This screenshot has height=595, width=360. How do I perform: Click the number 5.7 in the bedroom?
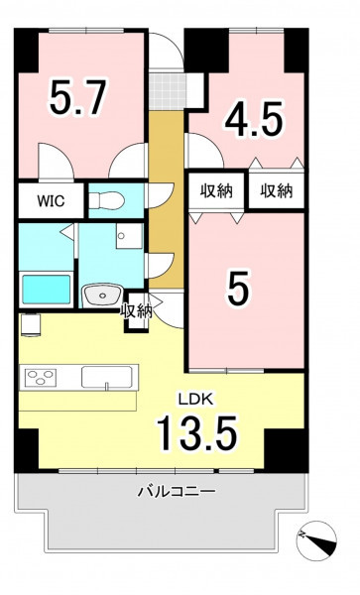click(x=76, y=97)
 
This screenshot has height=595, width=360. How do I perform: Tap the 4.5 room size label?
click(x=254, y=119)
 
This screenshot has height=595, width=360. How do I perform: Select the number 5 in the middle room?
click(x=239, y=289)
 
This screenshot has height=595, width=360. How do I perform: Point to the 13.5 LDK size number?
click(x=197, y=432)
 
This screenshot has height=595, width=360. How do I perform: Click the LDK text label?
click(x=192, y=399)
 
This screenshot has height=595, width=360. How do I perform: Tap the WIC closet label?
click(x=51, y=201)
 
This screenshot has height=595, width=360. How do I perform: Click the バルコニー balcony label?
click(x=177, y=492)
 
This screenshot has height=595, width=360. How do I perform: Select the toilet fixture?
click(x=105, y=200)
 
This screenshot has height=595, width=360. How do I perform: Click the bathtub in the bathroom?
click(x=47, y=289)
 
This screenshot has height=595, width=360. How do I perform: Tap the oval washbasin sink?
click(x=102, y=296)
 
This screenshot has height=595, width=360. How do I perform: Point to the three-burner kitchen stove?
click(x=41, y=377)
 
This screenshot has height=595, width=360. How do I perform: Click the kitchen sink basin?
click(x=107, y=377)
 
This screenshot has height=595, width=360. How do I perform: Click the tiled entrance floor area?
click(x=168, y=91)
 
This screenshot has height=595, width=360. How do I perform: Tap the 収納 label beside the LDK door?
click(x=137, y=311)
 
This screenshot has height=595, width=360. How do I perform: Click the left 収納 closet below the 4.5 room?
click(x=216, y=190)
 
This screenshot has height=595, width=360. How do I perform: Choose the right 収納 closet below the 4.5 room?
click(x=277, y=190)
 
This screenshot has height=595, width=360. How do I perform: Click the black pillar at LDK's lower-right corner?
click(x=287, y=450)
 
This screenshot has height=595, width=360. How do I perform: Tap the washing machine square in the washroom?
click(x=129, y=236)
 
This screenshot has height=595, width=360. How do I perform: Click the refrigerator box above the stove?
click(x=31, y=325)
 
